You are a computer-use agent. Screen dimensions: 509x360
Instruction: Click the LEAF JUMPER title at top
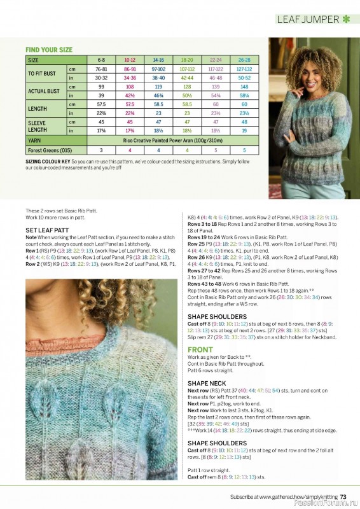308,19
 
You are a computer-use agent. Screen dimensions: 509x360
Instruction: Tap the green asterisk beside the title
346,19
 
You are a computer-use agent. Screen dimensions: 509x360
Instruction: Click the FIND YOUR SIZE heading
49,50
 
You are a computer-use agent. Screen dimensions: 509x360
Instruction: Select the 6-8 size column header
100,59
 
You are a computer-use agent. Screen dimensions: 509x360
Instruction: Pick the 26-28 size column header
244,59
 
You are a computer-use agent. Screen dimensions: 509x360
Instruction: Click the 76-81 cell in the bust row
100,69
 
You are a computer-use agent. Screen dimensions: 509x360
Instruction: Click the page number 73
343,497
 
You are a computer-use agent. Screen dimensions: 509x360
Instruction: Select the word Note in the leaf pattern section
32,237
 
